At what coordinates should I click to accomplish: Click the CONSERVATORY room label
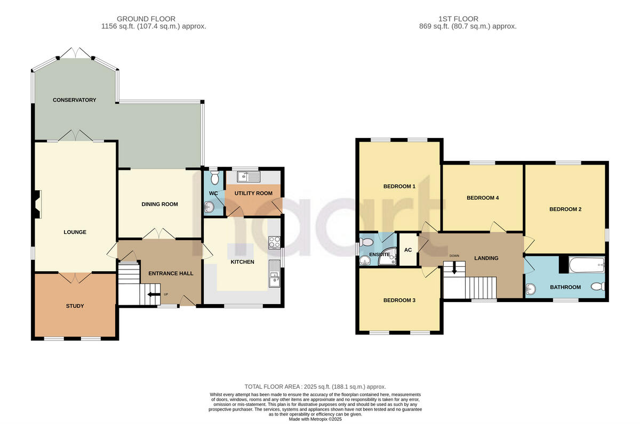pos(74,100)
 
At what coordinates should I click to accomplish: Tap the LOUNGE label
pos(75,232)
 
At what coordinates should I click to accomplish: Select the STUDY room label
pos(75,306)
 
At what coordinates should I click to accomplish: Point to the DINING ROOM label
pos(159,205)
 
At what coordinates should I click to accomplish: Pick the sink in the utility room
pos(249,175)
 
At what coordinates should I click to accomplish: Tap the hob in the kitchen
pos(275,242)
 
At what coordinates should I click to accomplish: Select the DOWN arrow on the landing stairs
pos(454,268)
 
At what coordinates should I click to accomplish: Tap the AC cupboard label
pos(408,250)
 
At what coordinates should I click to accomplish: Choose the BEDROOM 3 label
pos(399,300)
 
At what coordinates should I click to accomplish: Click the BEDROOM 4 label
pos(483,198)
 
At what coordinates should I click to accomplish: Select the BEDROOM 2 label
pos(565,210)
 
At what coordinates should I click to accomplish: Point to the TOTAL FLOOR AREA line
pos(315,387)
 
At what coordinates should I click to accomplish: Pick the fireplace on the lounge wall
pos(37,205)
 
